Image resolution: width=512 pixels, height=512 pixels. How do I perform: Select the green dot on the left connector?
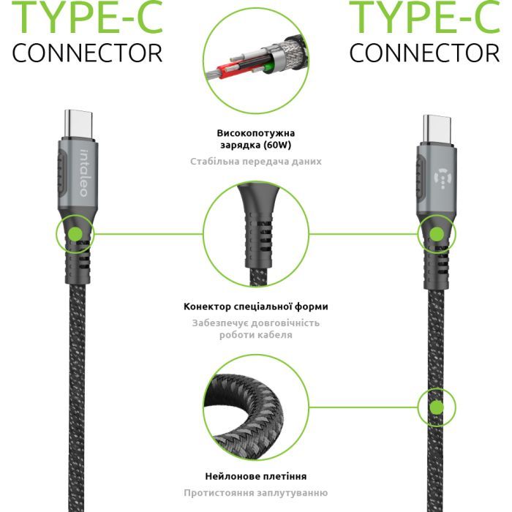[x=75, y=235]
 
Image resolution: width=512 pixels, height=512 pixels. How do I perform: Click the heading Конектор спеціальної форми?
[x=256, y=306]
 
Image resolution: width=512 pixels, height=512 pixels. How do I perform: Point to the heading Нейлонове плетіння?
[x=256, y=475]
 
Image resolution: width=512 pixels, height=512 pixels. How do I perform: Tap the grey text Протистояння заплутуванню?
[x=256, y=493]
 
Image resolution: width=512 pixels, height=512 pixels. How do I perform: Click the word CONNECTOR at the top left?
[x=88, y=53]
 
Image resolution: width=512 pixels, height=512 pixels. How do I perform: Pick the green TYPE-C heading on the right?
[x=425, y=18]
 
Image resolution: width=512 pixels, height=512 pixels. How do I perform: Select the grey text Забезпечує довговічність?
[x=256, y=323]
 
